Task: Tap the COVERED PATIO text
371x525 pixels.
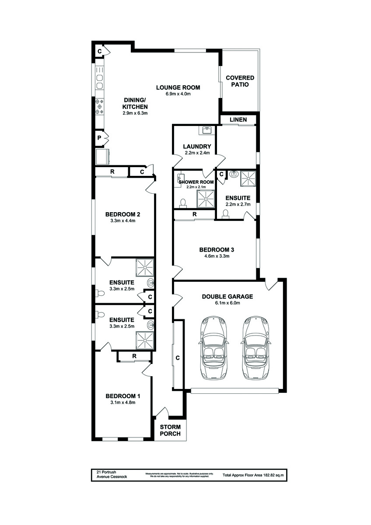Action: (x=240, y=81)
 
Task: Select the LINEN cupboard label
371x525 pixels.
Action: (x=238, y=119)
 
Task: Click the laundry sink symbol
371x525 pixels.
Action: (x=206, y=130)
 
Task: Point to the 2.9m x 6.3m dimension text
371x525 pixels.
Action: (x=135, y=113)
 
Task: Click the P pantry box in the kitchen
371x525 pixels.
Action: (x=100, y=138)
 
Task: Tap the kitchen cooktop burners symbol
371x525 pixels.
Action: (x=99, y=106)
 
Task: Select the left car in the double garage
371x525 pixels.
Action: (x=213, y=348)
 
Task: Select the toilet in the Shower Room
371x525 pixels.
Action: (x=183, y=203)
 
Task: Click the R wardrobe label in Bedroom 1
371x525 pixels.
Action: (x=134, y=357)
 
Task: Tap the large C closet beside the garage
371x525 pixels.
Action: (x=178, y=358)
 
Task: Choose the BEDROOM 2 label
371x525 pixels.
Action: (x=122, y=214)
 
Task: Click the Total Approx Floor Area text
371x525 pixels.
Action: (x=253, y=475)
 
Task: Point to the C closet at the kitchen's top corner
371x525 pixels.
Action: (x=100, y=52)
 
